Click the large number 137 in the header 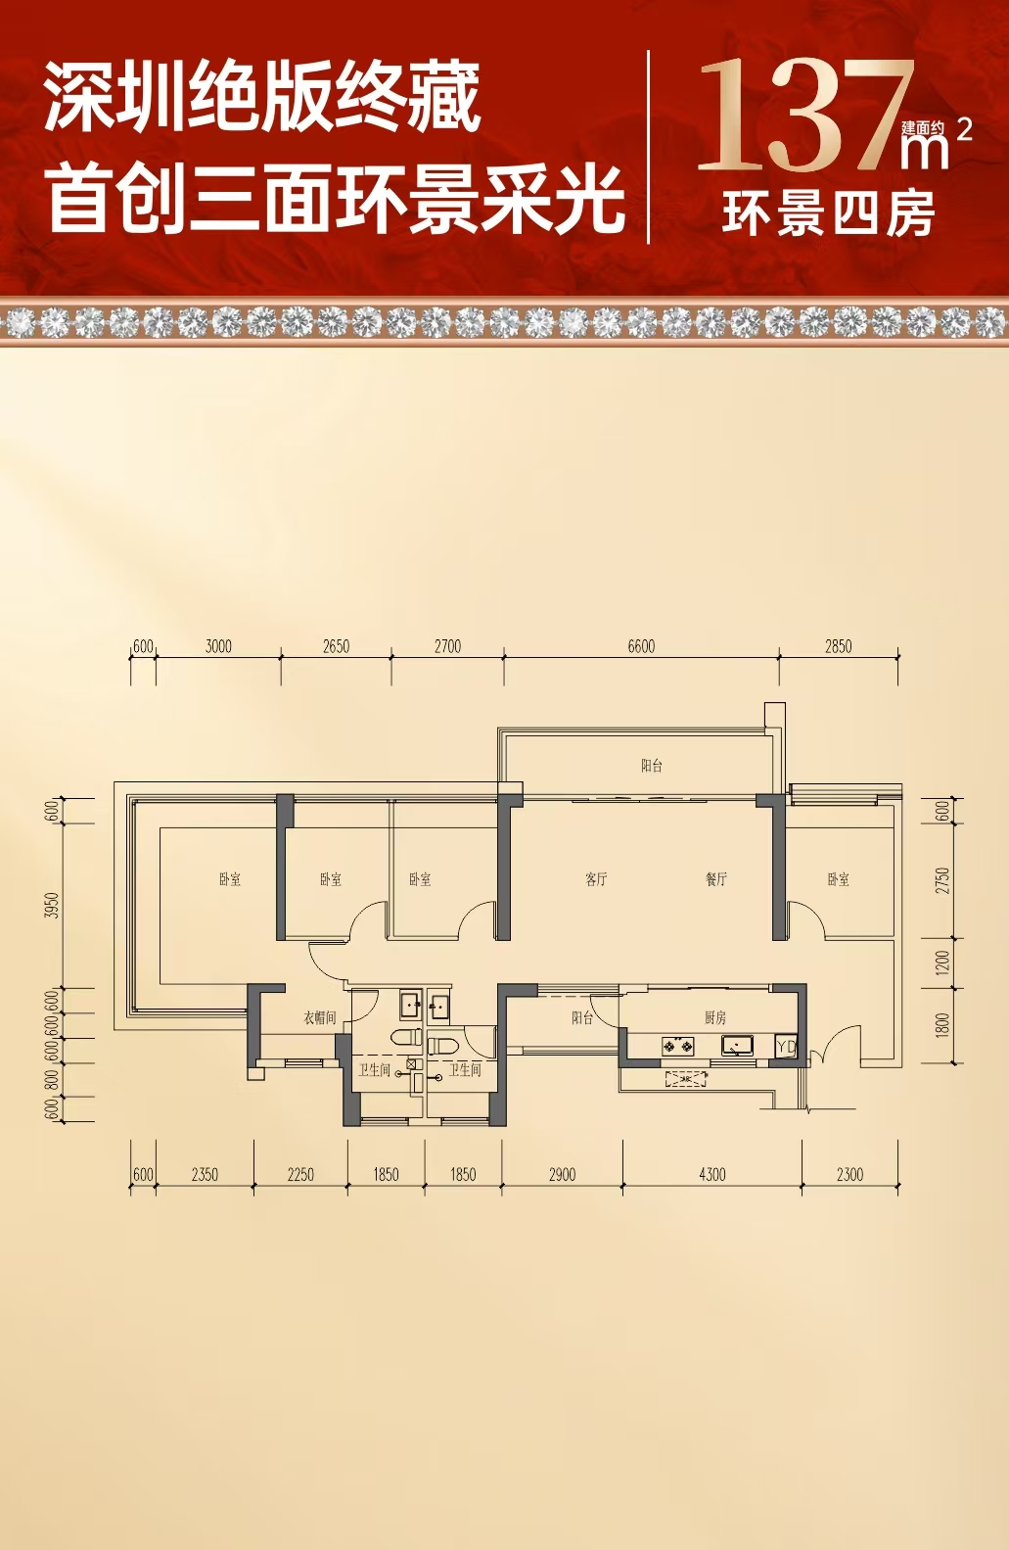[x=805, y=116]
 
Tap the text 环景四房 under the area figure [x=829, y=213]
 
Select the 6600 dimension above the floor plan [x=641, y=646]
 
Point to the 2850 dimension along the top [x=838, y=646]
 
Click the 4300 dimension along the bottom [x=712, y=1174]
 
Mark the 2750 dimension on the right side [x=942, y=880]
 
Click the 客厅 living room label [x=596, y=879]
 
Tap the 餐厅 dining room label [x=716, y=879]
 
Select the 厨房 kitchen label [x=715, y=1018]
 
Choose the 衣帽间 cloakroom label [x=319, y=1018]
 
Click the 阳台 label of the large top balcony [x=652, y=766]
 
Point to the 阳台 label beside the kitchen [x=582, y=1018]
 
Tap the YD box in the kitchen [x=786, y=1047]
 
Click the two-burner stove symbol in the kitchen [x=678, y=1046]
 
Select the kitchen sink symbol [x=738, y=1045]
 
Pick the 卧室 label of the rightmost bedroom [x=838, y=879]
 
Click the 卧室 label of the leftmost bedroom [x=230, y=879]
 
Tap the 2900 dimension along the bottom [x=563, y=1174]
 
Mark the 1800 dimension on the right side [x=942, y=1025]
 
